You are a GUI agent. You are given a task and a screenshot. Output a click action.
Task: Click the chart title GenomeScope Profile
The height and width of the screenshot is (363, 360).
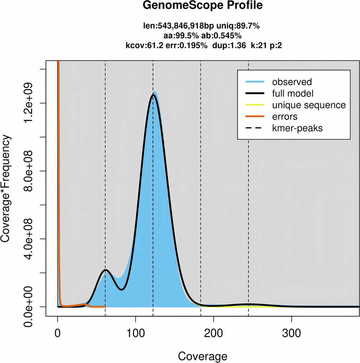(x=203, y=6)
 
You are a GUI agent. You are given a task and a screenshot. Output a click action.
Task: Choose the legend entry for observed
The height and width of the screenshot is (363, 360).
(x=292, y=82)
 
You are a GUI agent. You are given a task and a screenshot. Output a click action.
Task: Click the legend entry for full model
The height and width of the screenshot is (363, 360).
(x=293, y=93)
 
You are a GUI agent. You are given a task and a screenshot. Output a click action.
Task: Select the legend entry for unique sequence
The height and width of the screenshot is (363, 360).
(x=309, y=105)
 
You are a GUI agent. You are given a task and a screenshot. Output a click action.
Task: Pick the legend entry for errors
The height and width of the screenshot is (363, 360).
(x=285, y=116)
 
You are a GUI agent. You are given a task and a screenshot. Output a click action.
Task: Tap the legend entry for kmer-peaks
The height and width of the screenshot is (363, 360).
(x=297, y=128)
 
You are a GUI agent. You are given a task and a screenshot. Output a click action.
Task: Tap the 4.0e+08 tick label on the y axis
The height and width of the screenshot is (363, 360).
(x=30, y=239)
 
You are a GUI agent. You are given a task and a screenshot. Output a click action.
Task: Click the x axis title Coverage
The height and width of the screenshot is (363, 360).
(x=203, y=356)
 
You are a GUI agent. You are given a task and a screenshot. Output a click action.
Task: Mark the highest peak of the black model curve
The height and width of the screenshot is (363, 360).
(x=154, y=95)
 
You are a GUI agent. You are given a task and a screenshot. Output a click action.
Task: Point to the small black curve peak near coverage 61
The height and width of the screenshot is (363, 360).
(x=105, y=269)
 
